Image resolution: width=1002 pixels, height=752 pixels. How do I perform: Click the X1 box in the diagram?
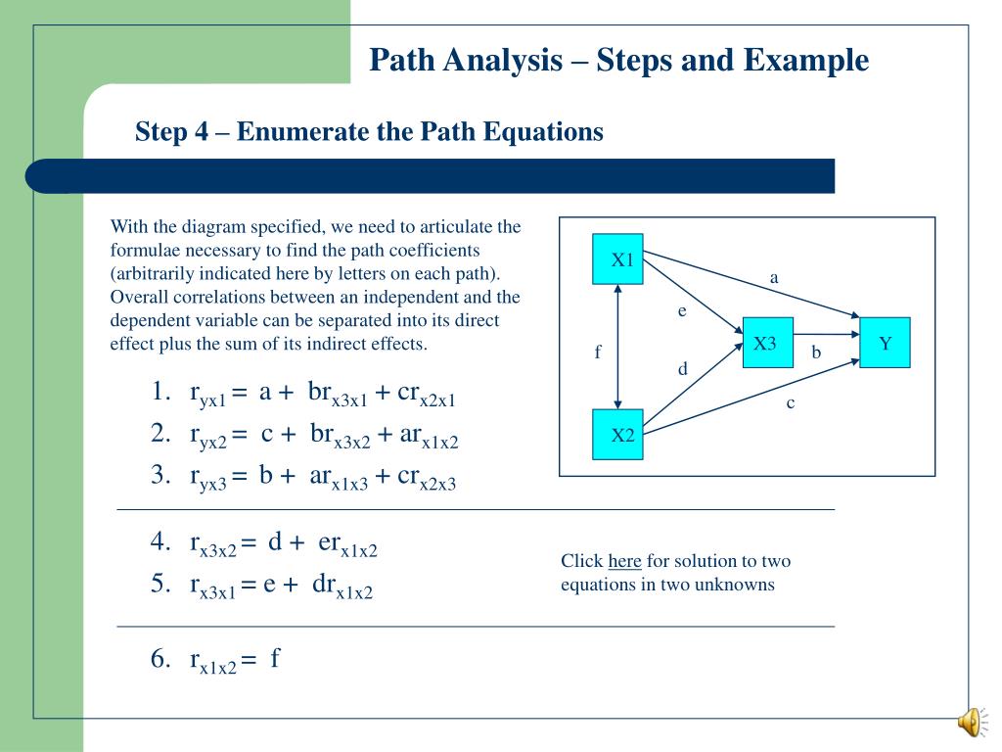(618, 259)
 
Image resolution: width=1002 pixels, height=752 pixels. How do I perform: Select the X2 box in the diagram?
(618, 435)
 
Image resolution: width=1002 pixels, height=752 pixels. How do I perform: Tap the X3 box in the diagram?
(767, 343)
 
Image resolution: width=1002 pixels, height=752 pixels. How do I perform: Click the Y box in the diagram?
(885, 343)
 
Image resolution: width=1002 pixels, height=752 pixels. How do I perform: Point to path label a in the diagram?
(774, 278)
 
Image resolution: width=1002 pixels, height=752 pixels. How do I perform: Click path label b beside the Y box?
(816, 352)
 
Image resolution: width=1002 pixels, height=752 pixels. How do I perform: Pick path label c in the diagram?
(790, 402)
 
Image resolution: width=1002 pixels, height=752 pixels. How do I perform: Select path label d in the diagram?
(683, 369)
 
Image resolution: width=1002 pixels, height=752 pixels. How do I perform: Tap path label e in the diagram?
(683, 310)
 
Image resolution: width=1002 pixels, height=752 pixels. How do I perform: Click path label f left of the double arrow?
(597, 352)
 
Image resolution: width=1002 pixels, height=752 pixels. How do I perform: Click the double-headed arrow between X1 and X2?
(618, 347)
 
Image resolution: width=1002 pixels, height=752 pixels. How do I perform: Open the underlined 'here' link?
(624, 561)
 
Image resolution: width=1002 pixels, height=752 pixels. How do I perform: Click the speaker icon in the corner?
(969, 723)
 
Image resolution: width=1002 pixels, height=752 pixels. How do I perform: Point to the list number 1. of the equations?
(161, 394)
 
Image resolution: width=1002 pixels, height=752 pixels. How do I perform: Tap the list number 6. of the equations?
(161, 659)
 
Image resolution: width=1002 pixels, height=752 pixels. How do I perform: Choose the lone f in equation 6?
(276, 658)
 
